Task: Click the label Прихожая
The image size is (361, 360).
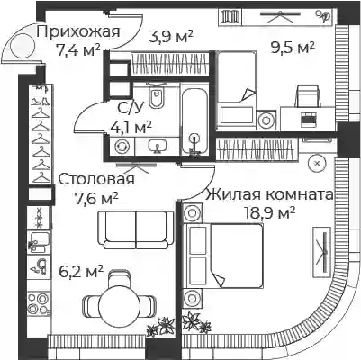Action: click(x=78, y=31)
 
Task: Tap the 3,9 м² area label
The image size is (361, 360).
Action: click(x=171, y=37)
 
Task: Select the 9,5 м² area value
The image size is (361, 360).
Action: click(x=293, y=48)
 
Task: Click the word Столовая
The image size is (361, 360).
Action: click(x=96, y=179)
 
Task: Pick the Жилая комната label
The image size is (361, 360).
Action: click(x=269, y=194)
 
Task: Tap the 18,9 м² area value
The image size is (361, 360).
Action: click(x=270, y=213)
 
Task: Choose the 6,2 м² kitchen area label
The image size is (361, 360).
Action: click(x=82, y=272)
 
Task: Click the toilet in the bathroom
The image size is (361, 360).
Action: click(x=156, y=96)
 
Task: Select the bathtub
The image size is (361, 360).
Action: click(x=194, y=121)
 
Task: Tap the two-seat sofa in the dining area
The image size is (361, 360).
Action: click(x=136, y=230)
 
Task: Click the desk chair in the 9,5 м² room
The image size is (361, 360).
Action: click(x=308, y=96)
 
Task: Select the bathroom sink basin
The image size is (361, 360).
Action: click(x=158, y=146)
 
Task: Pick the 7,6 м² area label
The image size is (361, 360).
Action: click(x=96, y=198)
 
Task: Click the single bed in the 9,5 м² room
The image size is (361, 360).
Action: click(x=237, y=91)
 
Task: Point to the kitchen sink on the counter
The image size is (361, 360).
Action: click(x=39, y=241)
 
